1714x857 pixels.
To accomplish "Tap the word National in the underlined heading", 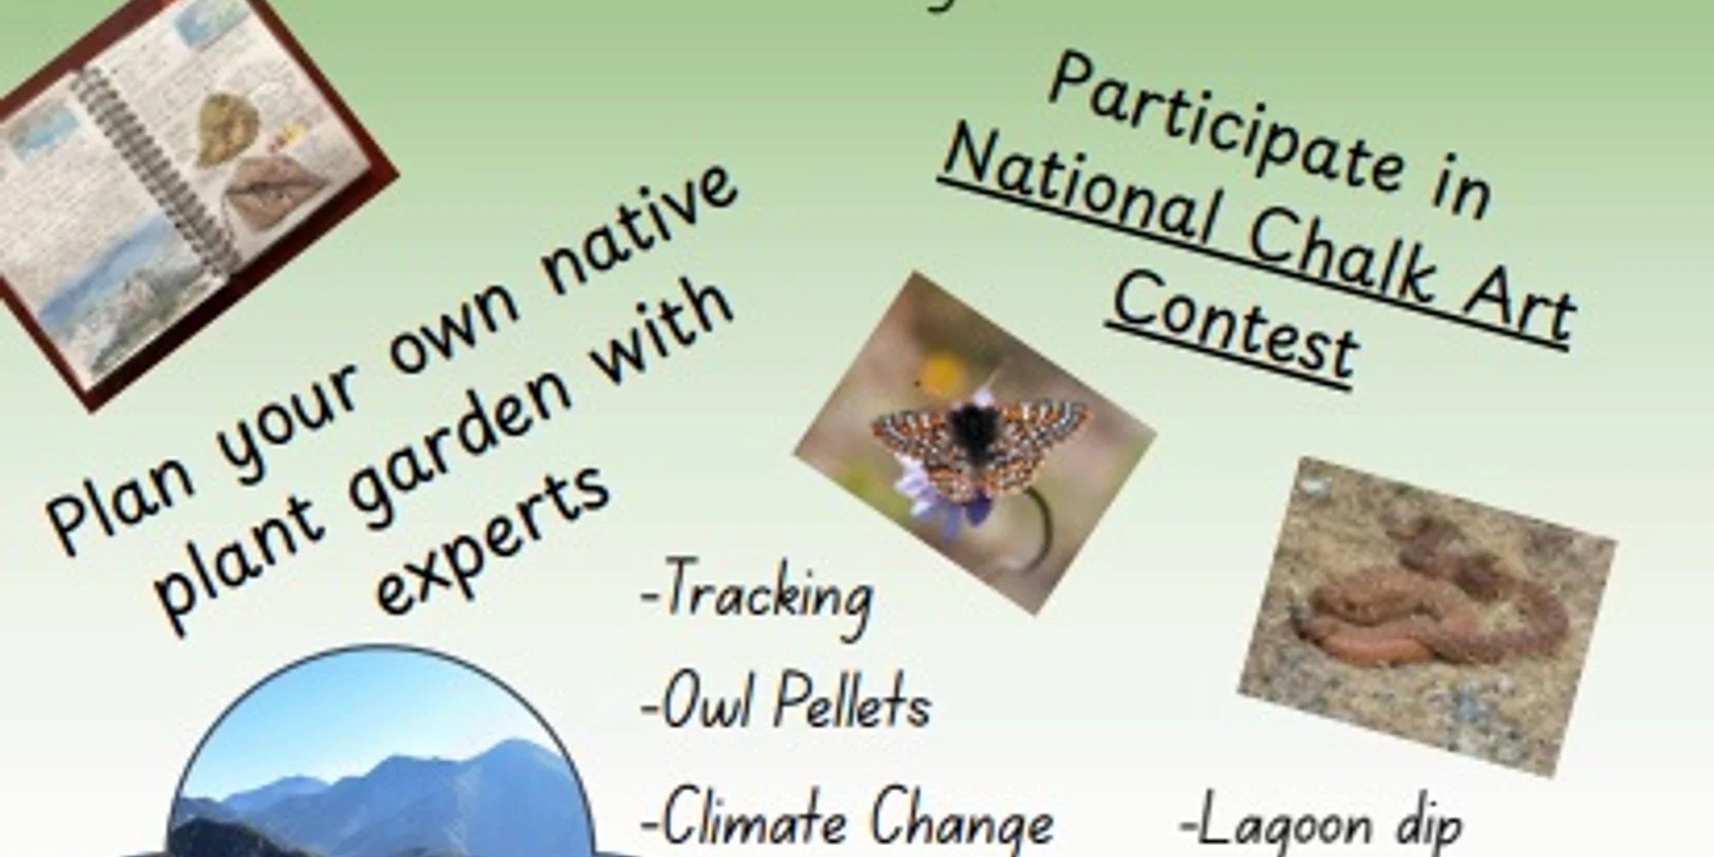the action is [x=1080, y=189].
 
